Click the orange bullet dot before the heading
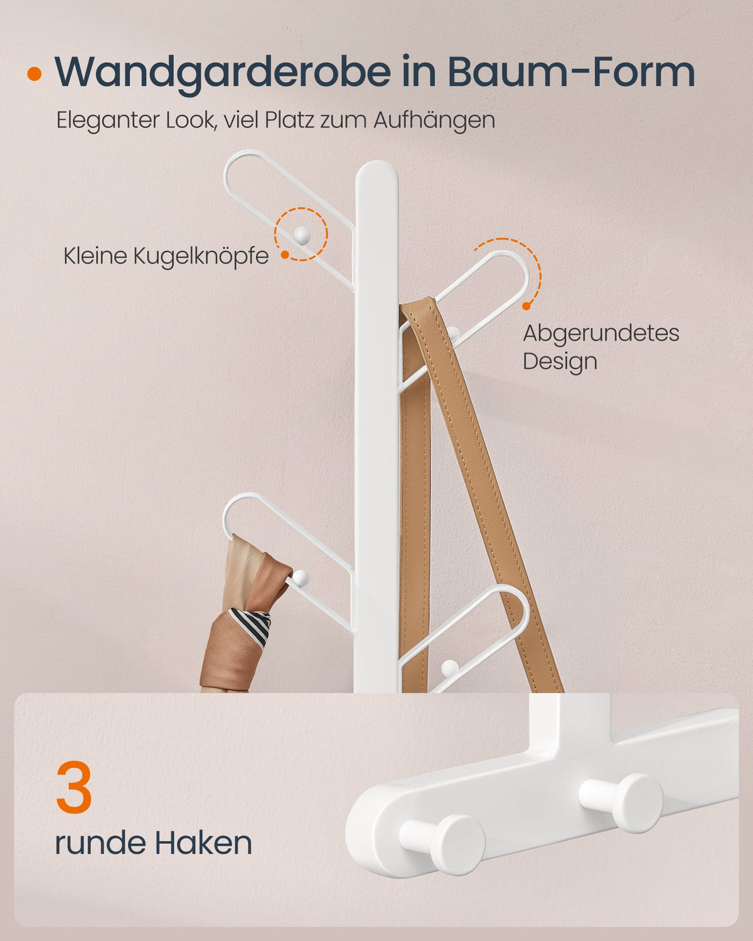34,74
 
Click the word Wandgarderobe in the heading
223,73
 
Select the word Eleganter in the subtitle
108,120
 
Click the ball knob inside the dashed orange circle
301,235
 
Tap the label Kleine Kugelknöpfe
166,256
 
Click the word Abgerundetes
601,333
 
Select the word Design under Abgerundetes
560,361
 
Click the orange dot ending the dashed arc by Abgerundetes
527,306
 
